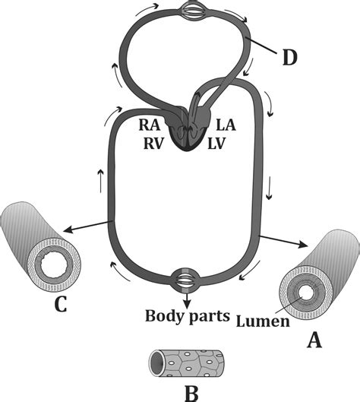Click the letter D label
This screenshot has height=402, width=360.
[x=290, y=58]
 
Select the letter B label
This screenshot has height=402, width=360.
[x=191, y=393]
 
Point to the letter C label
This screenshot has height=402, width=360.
[x=61, y=303]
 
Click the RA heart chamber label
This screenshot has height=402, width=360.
[x=150, y=125]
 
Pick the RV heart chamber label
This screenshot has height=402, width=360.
[x=153, y=144]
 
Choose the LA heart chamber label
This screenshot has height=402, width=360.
[x=226, y=125]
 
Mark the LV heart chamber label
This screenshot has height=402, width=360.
[x=216, y=144]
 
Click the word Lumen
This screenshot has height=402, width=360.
[x=263, y=321]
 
